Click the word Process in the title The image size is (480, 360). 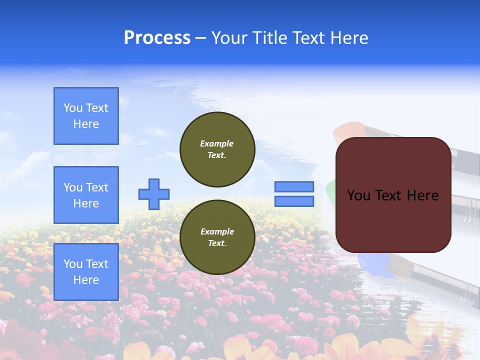157,38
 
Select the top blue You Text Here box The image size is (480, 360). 86,116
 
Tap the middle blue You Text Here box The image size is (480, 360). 86,195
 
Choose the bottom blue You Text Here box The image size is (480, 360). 86,272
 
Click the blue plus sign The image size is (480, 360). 154,194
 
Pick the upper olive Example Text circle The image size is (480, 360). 217,149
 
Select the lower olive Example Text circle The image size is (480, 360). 217,237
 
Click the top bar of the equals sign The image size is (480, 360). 294,186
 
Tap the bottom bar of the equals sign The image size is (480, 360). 294,201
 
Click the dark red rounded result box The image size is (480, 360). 393,220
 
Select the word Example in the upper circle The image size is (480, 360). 217,143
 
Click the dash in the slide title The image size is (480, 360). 200,38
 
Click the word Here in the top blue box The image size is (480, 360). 86,124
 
